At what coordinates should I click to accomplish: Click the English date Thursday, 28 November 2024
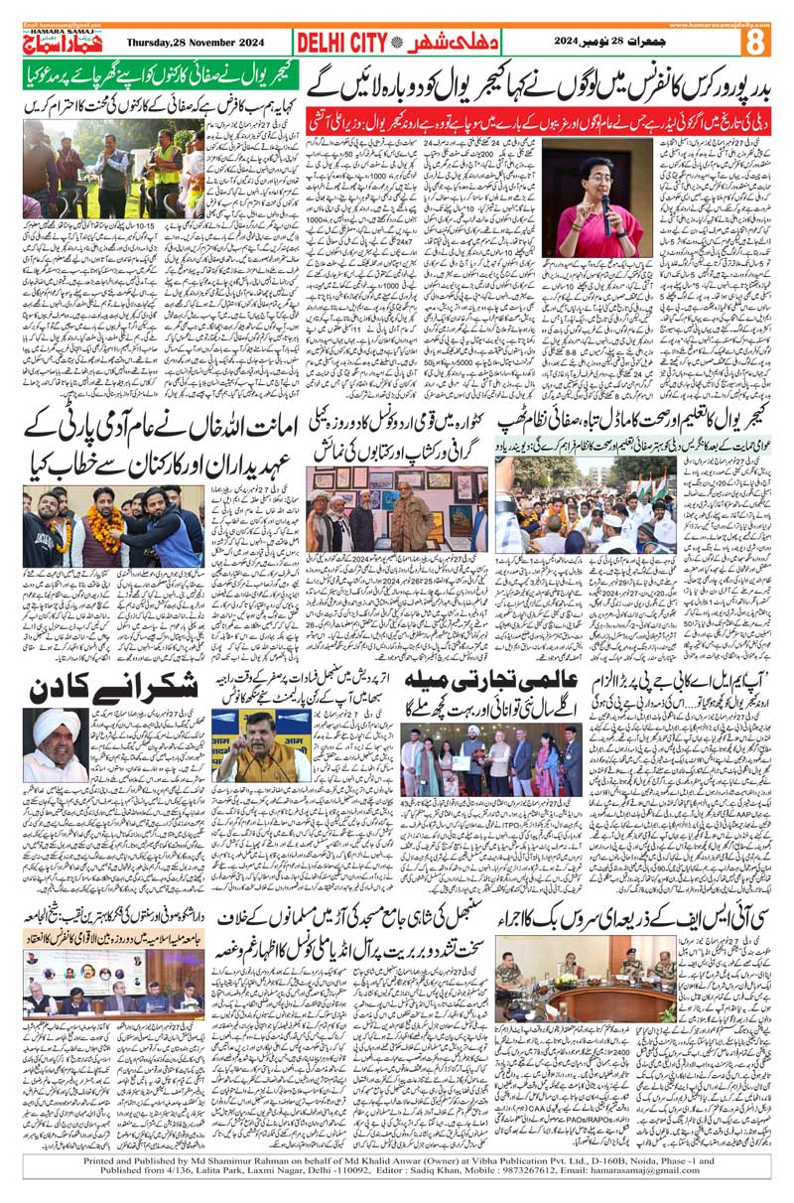point(204,43)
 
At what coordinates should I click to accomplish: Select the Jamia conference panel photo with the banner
point(110,988)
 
